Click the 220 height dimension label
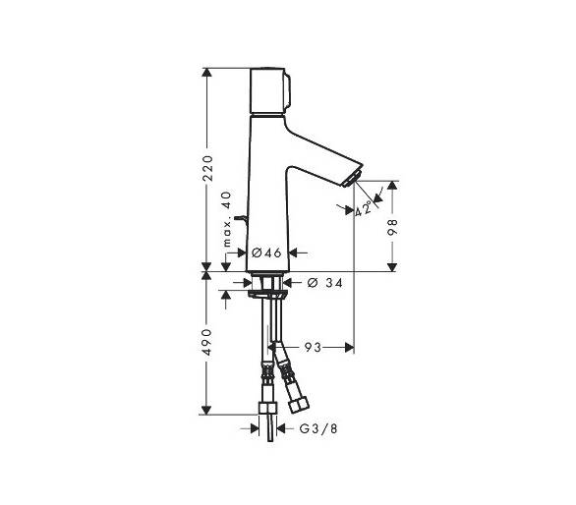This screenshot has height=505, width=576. pos(207,168)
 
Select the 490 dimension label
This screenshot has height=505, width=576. pos(207,342)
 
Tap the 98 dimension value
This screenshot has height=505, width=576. pos(393,227)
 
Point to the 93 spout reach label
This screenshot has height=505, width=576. pos(313,347)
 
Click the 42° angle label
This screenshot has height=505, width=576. pos(363,209)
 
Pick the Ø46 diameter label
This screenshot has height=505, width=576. pos(266,252)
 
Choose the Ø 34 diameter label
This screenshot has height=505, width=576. pos(324,282)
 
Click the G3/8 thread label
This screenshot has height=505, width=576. pos(318,428)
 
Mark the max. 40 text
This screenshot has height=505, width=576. pos(228,219)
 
